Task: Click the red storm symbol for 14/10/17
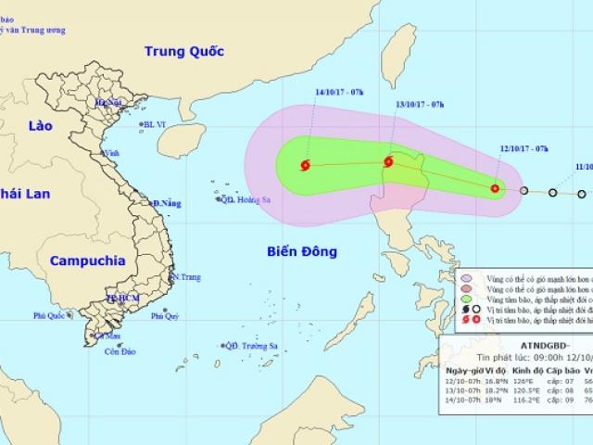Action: tap(305, 166)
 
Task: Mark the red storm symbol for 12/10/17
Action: tap(494, 189)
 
